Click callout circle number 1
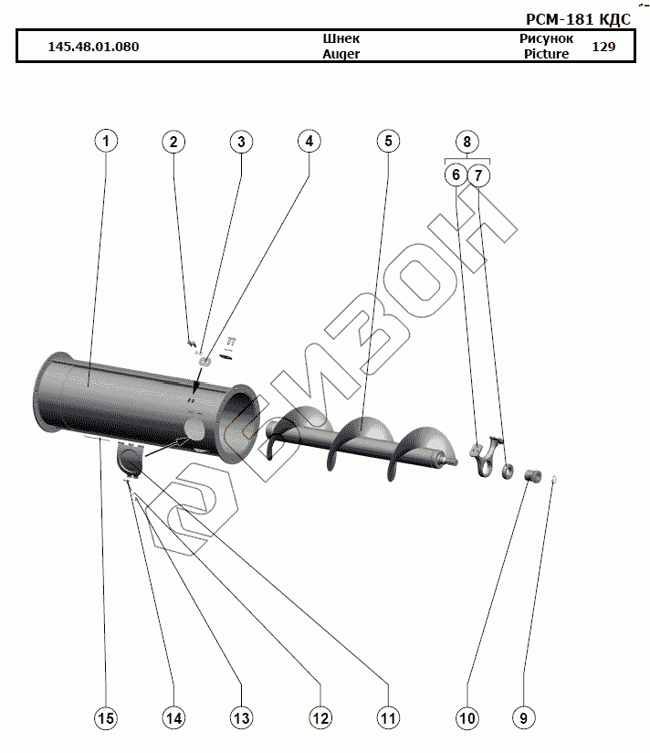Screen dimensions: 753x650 tap(107, 142)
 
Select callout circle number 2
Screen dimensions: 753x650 tap(174, 142)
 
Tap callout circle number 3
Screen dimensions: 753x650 tap(240, 142)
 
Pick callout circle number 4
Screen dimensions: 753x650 tap(309, 142)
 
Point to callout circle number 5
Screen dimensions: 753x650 tap(387, 142)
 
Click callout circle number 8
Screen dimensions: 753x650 tap(467, 142)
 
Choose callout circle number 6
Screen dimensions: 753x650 tap(455, 175)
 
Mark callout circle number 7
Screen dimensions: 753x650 tap(479, 175)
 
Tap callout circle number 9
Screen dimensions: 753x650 tap(523, 718)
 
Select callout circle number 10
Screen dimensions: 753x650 tap(467, 718)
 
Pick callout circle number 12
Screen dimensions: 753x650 tap(319, 718)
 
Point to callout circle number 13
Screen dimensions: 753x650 tap(240, 718)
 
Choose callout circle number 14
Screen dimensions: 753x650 tap(173, 718)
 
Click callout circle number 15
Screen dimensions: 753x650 tap(106, 718)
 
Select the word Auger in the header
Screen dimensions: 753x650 tap(341, 54)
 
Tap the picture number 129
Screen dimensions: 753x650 tap(603, 47)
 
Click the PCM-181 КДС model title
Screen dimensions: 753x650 tap(579, 19)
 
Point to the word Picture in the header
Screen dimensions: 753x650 tap(546, 54)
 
